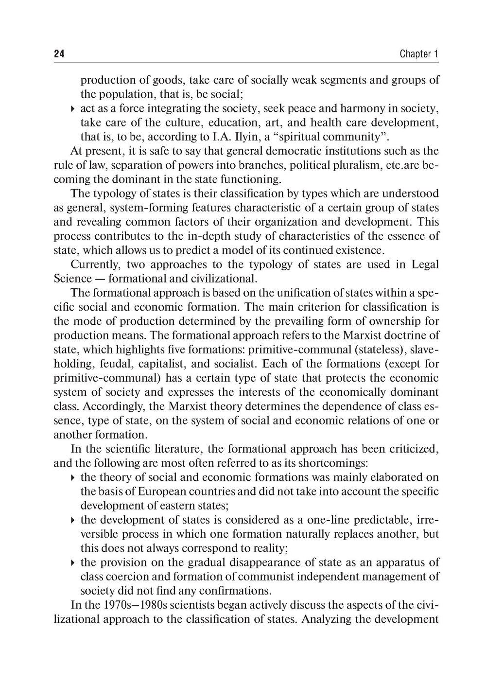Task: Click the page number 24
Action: click(x=59, y=54)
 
